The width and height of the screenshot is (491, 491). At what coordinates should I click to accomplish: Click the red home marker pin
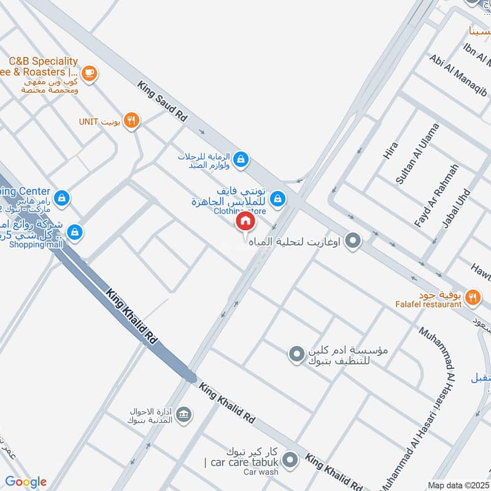point(244,221)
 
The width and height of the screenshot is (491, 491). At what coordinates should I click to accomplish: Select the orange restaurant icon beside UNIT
point(131,120)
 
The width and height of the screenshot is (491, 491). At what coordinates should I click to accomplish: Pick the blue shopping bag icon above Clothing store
point(278,198)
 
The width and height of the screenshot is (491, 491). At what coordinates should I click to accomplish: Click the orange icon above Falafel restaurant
point(472,296)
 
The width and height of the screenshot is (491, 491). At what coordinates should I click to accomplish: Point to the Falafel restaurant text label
point(428,304)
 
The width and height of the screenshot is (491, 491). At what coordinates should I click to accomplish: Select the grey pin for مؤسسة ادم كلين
point(296,354)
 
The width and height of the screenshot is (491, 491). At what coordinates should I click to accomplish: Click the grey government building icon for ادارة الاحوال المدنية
point(182,414)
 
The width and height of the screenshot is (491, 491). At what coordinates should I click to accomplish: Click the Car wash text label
point(260,472)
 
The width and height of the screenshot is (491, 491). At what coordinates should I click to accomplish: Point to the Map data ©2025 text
point(458,485)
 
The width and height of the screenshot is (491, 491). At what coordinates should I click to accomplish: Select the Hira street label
point(391,151)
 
